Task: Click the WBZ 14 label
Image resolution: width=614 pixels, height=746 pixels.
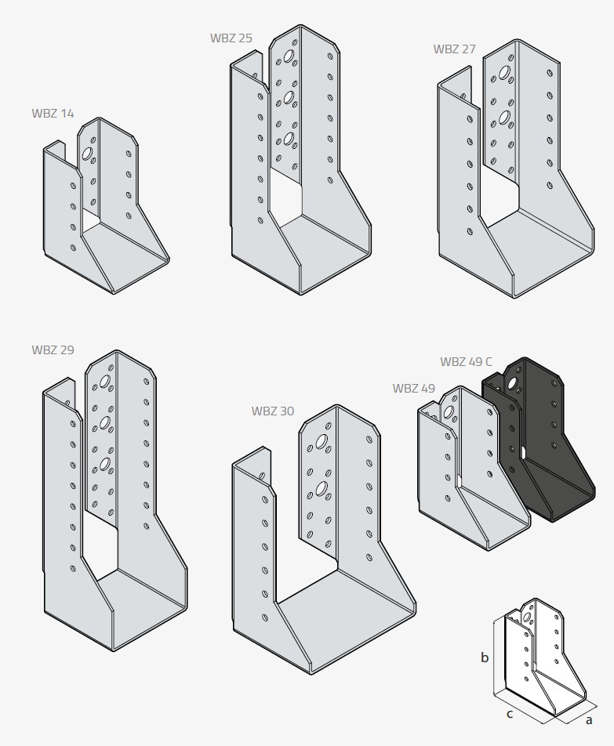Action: (53, 113)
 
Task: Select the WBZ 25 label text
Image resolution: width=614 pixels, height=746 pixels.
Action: (231, 38)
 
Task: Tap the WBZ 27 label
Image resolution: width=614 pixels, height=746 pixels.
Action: (454, 49)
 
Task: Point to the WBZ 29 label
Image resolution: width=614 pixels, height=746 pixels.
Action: (53, 349)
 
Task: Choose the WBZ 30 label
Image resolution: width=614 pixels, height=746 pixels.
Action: (273, 411)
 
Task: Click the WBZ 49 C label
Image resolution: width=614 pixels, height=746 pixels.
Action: (466, 361)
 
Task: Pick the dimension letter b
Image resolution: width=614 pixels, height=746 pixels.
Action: (485, 657)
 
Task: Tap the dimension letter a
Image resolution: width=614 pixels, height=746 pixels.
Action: (589, 720)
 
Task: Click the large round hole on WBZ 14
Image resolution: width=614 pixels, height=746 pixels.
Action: (88, 154)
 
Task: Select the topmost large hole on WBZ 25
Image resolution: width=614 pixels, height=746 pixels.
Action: (289, 56)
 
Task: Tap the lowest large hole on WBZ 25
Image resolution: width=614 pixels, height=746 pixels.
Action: (288, 139)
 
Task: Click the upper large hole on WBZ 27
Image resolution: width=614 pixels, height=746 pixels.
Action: (503, 73)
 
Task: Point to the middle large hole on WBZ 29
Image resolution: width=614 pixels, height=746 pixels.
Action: (105, 422)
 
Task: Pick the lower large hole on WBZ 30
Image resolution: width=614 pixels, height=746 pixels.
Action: (322, 488)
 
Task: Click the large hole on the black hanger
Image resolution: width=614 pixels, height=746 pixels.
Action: (513, 383)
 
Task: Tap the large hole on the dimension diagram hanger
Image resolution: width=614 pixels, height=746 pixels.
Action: (528, 617)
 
